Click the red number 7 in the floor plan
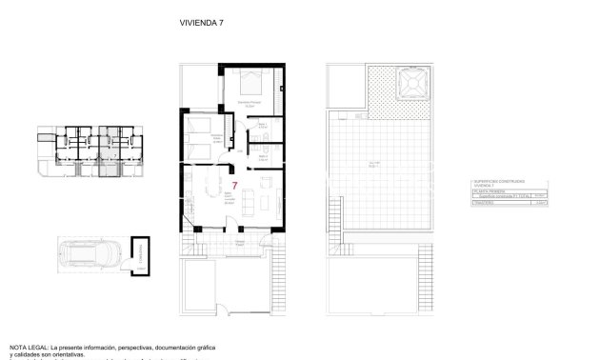pos(235,186)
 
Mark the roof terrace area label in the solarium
pos(374,164)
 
